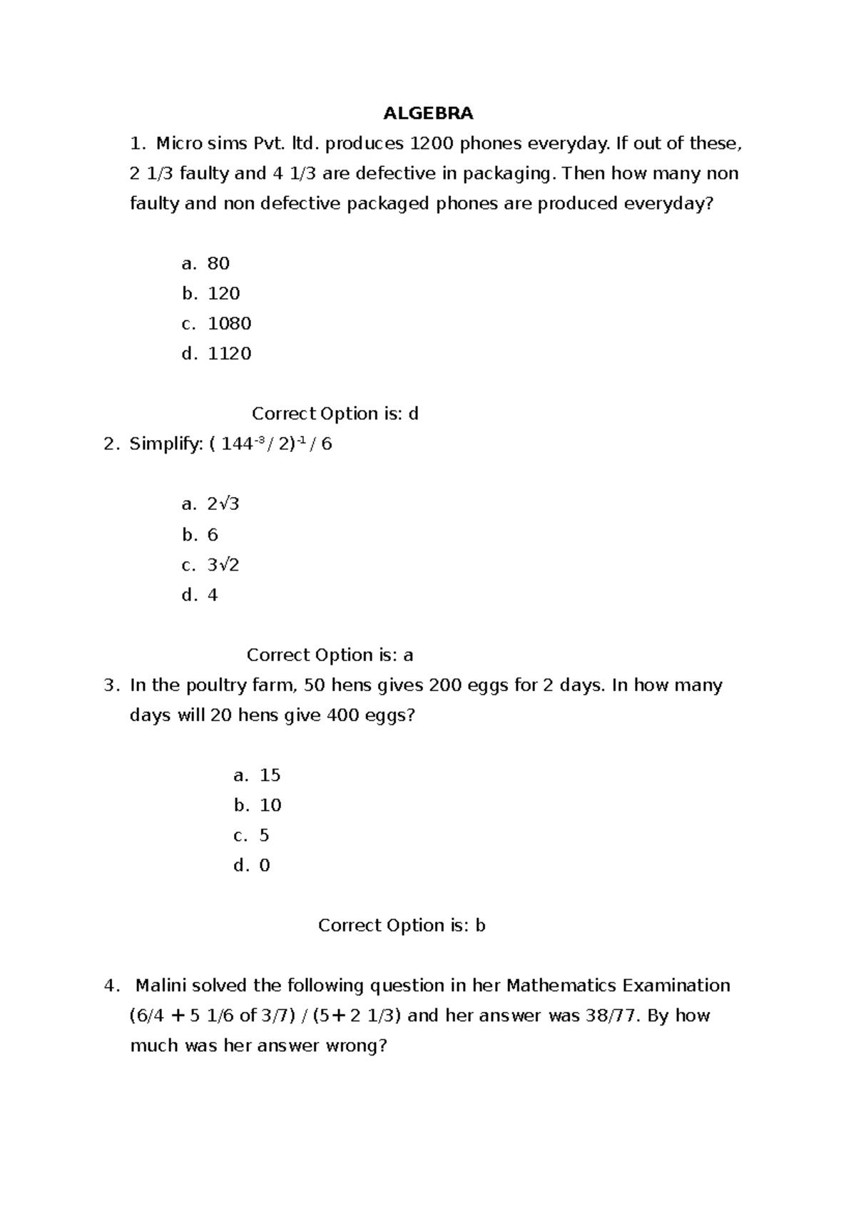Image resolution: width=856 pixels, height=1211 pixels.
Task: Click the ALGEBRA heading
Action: coord(428,113)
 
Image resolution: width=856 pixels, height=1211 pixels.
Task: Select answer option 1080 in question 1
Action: coord(229,324)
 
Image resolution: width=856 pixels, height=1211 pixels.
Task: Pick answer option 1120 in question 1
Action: coord(229,354)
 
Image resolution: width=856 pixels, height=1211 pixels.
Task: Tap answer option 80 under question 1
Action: coord(218,264)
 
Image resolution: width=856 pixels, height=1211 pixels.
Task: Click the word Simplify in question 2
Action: coord(165,444)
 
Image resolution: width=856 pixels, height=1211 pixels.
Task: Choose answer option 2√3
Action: coord(223,504)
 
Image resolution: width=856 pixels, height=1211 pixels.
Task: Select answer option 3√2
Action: coord(223,565)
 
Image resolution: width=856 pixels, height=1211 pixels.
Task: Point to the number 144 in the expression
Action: coord(236,444)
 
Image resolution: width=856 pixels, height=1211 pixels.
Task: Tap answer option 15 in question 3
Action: coord(270,775)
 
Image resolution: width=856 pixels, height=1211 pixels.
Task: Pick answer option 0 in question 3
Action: coord(265,866)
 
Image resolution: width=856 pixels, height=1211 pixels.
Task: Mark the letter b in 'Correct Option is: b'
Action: coord(480,926)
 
